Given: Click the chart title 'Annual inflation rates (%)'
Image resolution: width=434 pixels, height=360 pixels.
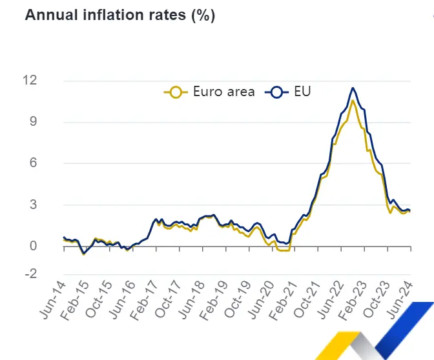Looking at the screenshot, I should point(119,15).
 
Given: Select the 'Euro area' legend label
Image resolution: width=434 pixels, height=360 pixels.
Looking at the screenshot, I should point(223,92).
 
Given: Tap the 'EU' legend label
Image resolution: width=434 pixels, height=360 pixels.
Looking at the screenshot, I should point(302,92).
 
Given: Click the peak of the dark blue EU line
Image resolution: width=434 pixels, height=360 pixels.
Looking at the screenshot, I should point(353,88).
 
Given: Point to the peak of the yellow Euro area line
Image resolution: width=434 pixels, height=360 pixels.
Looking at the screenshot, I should point(353,101).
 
